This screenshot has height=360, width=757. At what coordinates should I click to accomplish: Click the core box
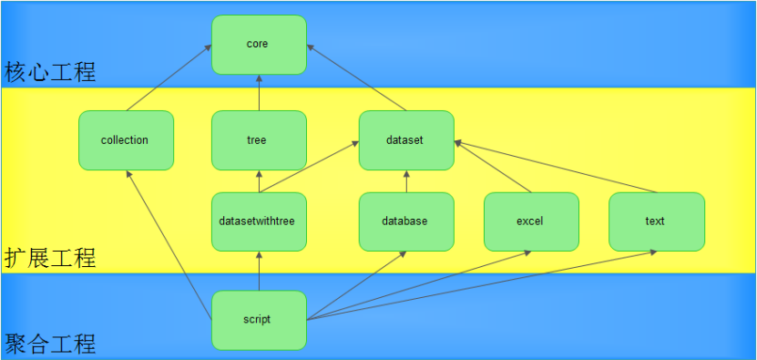coord(259,45)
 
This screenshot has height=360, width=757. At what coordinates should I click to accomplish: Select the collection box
coord(126,140)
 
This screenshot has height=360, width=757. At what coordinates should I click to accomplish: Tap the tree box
coord(259,140)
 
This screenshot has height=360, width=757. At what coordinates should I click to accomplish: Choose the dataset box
coord(406,140)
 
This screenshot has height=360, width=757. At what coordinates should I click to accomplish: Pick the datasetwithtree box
coord(259,221)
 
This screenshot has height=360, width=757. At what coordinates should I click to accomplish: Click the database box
coord(406,221)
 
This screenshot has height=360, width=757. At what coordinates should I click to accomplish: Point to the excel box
coord(531,221)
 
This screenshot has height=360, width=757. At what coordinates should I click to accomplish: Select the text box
coord(656,221)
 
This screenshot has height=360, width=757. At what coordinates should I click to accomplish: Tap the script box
coord(259,320)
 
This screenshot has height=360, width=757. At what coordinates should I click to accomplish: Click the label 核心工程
coord(50,72)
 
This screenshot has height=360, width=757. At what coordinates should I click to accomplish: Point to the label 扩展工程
coord(50,258)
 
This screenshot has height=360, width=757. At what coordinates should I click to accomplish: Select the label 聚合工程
coord(50,345)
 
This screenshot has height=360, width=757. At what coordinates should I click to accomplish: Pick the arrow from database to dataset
coord(406,181)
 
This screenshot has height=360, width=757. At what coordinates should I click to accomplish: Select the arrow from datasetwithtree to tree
coord(259,181)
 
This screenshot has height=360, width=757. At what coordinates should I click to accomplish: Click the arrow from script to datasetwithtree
coord(259,271)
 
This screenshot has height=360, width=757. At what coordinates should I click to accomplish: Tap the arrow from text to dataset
coord(556,167)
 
